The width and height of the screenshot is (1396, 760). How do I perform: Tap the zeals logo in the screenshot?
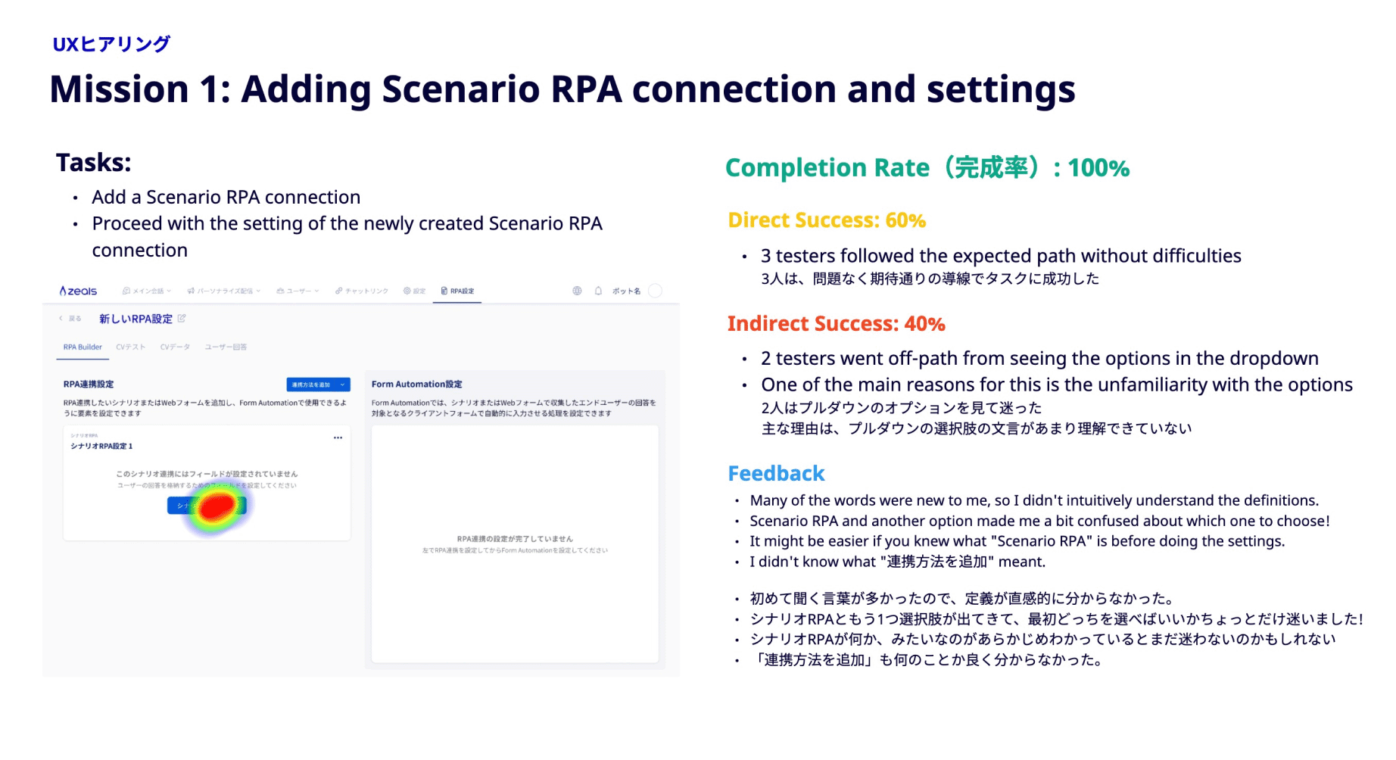[x=78, y=291]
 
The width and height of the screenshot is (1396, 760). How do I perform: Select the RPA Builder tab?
[x=83, y=347]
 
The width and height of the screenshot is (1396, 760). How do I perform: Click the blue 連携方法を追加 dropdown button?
[x=318, y=385]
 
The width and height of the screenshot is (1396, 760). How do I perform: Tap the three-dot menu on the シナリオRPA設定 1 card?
[x=338, y=438]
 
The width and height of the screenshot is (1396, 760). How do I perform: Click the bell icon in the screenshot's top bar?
[x=598, y=291]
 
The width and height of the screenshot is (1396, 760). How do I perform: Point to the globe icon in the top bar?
[x=577, y=291]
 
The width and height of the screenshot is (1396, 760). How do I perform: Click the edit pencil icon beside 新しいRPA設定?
[x=182, y=319]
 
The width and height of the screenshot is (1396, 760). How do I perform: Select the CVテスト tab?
[x=130, y=347]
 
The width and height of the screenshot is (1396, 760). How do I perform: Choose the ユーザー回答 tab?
[x=226, y=347]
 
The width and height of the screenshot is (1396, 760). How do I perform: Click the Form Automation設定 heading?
[x=416, y=385]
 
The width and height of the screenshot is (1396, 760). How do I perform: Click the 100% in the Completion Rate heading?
[x=1098, y=168]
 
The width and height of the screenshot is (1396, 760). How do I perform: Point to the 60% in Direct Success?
[x=905, y=220]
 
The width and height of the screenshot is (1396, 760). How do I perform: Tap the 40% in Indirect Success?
[x=924, y=324]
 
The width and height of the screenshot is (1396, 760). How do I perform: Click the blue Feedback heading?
[x=776, y=474]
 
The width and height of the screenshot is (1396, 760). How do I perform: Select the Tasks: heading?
[x=94, y=163]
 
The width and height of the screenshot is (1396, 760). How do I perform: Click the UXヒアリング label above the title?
[x=111, y=44]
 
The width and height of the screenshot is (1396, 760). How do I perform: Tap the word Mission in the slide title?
[x=119, y=89]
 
